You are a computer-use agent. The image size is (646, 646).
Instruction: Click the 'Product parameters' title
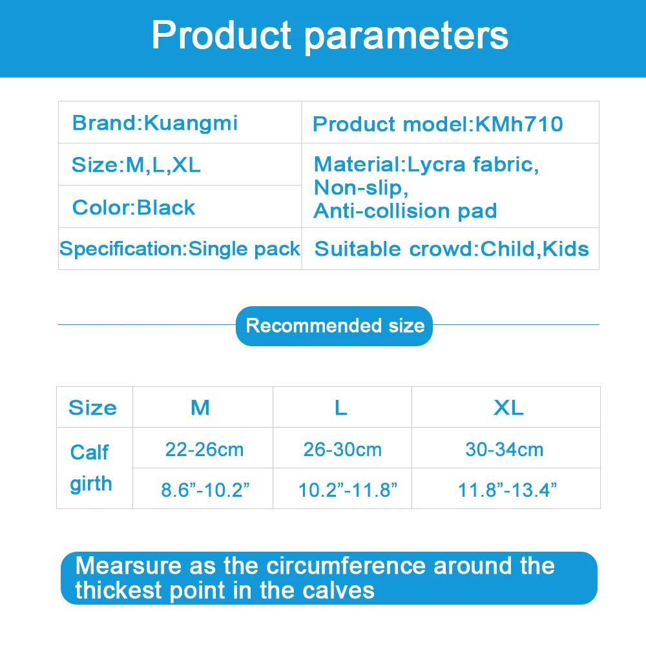[x=330, y=36]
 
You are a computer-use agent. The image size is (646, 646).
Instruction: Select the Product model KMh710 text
[x=437, y=124]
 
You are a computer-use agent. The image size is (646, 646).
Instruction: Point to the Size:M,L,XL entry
[x=136, y=165]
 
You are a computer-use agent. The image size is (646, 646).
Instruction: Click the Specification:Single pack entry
[x=180, y=249]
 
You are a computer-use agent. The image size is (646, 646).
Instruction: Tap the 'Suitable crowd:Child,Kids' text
[x=452, y=249]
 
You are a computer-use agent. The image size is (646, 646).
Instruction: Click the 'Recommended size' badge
[x=334, y=326]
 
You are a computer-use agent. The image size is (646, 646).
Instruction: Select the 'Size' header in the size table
[x=92, y=408]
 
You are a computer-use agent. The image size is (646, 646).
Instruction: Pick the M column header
[x=200, y=408]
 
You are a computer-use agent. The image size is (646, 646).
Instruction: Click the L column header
[x=340, y=408]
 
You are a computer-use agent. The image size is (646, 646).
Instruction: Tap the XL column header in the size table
[x=508, y=408]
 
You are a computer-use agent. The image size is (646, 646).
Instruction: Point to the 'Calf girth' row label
[x=90, y=468]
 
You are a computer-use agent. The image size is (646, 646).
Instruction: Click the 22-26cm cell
[x=204, y=450]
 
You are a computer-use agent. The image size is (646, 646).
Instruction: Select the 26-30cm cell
[x=342, y=450]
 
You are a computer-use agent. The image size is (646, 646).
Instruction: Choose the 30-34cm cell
[x=505, y=450]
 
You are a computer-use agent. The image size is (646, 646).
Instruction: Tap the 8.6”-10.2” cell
[x=205, y=490]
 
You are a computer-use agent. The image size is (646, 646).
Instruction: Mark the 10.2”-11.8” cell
[x=348, y=490]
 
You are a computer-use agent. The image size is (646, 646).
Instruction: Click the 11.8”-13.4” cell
[x=507, y=490]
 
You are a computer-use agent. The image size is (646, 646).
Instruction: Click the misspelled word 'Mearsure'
[x=128, y=565]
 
